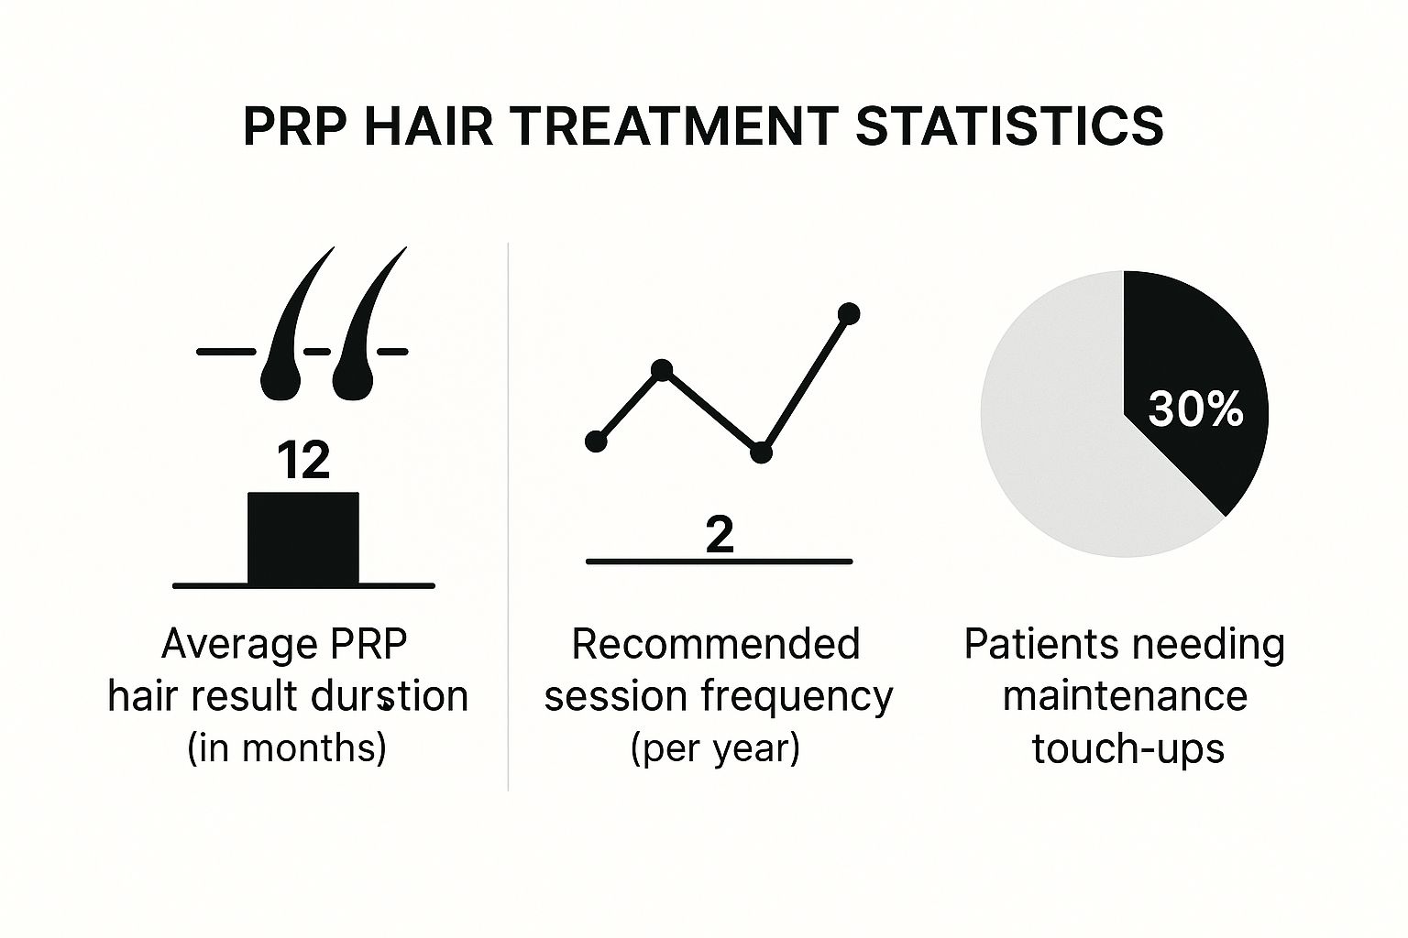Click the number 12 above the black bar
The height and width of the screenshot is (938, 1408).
pos(302,461)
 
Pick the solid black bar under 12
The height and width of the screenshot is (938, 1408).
pos(303,538)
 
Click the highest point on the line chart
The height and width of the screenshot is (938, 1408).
pos(849,314)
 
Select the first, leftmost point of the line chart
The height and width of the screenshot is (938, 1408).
pos(596,442)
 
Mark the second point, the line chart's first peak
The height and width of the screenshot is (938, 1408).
pos(662,370)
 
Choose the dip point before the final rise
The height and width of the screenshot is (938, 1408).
pos(761,453)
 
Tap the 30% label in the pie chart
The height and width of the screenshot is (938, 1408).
pos(1195,409)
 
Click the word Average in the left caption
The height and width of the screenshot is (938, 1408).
pos(226,644)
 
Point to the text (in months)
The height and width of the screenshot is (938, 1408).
pos(287,748)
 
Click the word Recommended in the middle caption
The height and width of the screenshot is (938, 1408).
pos(716,644)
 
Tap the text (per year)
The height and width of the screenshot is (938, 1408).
pos(716,748)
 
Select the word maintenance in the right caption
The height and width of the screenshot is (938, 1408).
pos(1125,696)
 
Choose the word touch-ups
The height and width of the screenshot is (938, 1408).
pos(1127,748)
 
